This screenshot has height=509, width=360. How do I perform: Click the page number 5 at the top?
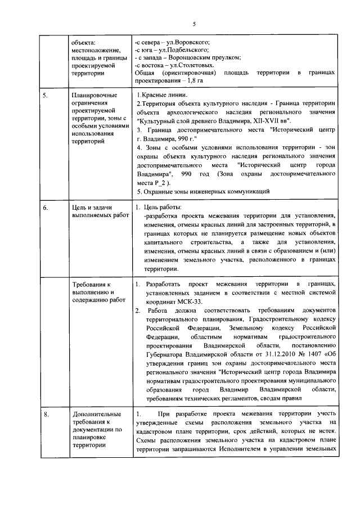click(193, 24)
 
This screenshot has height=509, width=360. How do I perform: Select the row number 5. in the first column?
click(46, 96)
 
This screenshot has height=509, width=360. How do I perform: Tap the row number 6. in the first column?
click(46, 208)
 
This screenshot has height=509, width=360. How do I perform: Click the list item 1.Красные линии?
click(163, 96)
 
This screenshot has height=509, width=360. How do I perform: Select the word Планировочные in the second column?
click(93, 96)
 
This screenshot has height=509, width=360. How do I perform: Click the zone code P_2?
click(163, 183)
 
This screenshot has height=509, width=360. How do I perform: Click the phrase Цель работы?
click(163, 208)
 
